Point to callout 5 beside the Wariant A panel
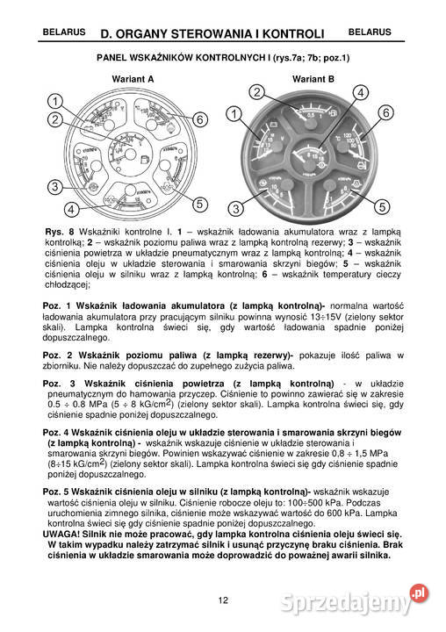(x=200, y=204)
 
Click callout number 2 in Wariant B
(x=256, y=92)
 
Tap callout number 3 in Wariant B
(x=234, y=208)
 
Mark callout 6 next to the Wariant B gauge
(x=385, y=112)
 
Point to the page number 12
(x=223, y=600)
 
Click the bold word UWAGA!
(x=62, y=534)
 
